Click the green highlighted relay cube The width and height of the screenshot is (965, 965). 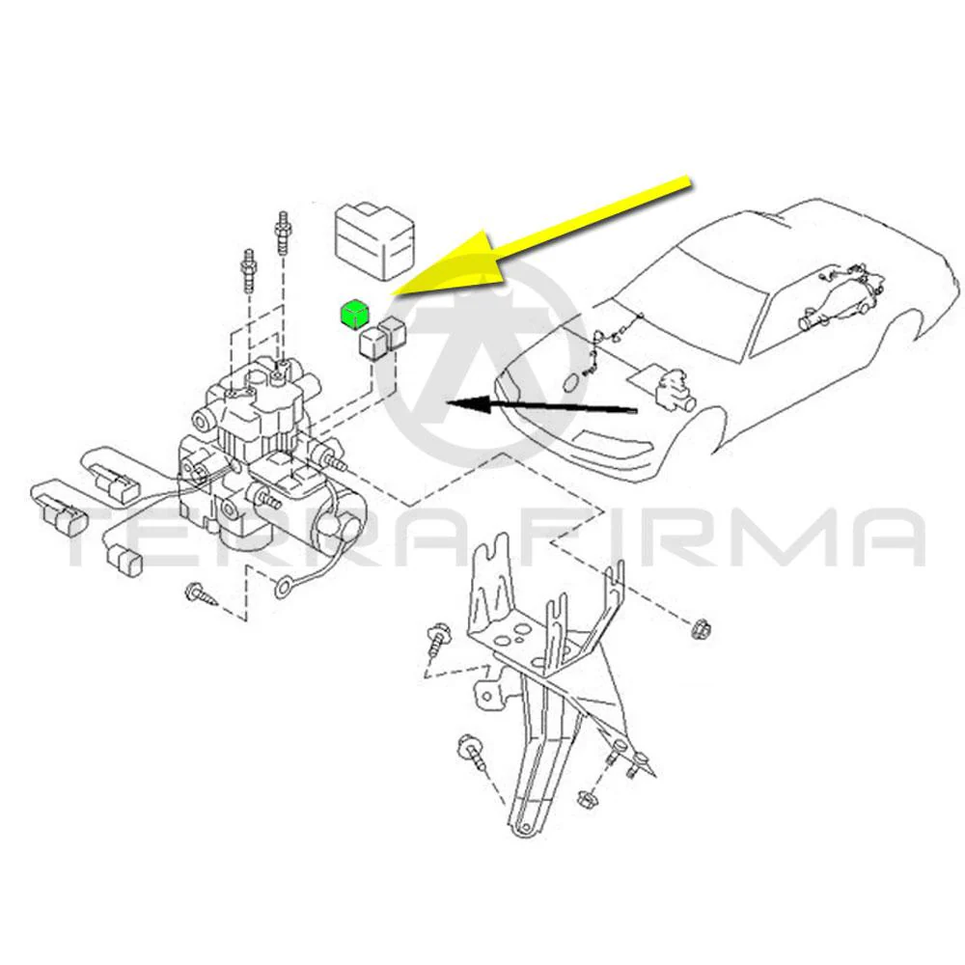click(x=354, y=316)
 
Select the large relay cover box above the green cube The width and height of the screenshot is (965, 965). click(x=374, y=241)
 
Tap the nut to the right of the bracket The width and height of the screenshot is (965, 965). click(x=698, y=629)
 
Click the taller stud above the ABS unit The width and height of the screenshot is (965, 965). click(x=283, y=233)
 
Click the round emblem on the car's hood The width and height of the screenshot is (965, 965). click(x=570, y=382)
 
